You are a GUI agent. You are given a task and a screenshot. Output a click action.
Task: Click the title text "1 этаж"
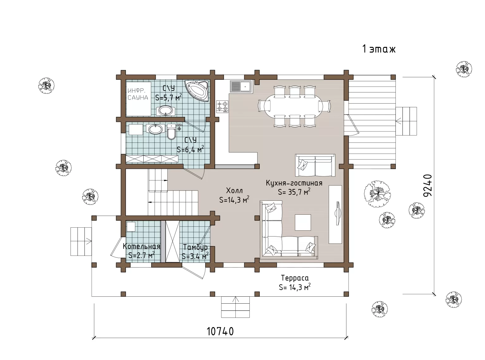379,49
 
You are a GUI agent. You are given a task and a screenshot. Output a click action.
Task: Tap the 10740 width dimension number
220,331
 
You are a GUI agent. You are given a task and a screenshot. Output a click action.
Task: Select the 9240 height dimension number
428,185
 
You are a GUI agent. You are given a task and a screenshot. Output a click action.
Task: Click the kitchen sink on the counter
241,86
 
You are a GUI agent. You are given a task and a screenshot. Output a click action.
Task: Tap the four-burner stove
222,106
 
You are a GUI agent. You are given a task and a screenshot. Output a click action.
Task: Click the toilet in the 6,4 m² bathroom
171,132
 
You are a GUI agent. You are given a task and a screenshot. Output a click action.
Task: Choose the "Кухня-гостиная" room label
294,183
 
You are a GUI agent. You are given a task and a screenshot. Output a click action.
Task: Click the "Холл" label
234,191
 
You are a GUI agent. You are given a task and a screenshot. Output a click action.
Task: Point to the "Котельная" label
141,246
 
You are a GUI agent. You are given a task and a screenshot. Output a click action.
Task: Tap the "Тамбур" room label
195,247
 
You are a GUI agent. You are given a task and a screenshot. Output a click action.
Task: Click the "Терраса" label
295,278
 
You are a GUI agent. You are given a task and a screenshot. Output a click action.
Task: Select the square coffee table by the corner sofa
303,222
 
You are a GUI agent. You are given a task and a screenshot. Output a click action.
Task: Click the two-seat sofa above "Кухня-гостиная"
315,165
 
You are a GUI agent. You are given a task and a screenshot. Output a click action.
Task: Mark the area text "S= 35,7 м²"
294,192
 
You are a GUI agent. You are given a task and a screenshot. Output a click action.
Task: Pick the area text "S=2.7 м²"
142,255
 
